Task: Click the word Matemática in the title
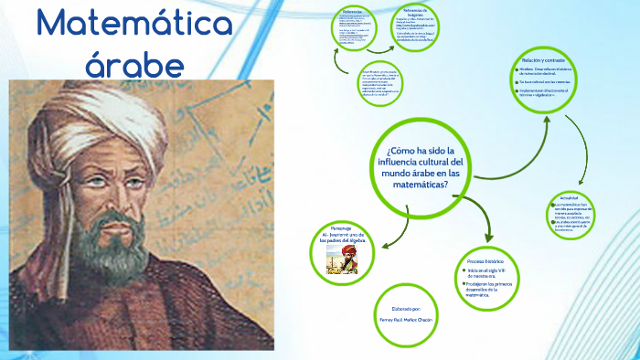pyautogui.click(x=135, y=24)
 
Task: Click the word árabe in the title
pyautogui.click(x=135, y=64)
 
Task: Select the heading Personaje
pyautogui.click(x=341, y=227)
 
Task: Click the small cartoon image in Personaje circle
pyautogui.click(x=347, y=257)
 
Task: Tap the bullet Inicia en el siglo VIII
pyautogui.click(x=485, y=271)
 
